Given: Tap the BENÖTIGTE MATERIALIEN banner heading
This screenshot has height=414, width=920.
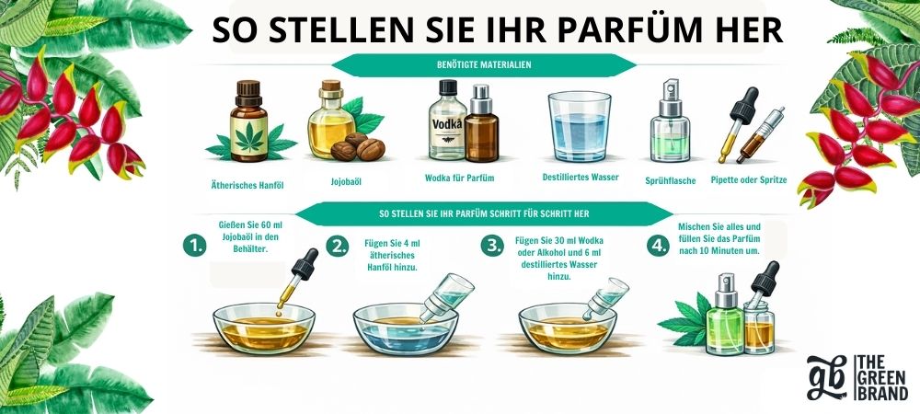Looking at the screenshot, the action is click(x=484, y=65).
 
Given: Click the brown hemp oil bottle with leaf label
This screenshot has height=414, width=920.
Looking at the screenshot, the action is click(x=248, y=121).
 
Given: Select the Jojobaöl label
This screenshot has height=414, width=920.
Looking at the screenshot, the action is click(x=346, y=182).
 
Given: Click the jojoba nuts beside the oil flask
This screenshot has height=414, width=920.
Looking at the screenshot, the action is click(x=357, y=147).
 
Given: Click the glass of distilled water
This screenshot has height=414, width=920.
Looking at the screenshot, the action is click(x=579, y=127).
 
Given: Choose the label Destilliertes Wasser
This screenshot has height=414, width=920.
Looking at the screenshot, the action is click(x=581, y=177).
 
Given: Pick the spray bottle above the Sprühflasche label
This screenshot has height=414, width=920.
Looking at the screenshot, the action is click(x=670, y=121).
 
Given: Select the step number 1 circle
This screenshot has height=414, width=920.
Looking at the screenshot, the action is click(x=194, y=247).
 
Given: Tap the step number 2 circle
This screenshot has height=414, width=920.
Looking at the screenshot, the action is click(x=337, y=247).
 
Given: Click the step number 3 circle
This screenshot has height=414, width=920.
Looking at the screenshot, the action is click(x=491, y=246).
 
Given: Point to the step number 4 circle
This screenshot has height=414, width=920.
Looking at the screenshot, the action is click(x=658, y=246).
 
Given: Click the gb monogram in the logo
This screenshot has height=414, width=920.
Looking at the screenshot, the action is click(x=826, y=377).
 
